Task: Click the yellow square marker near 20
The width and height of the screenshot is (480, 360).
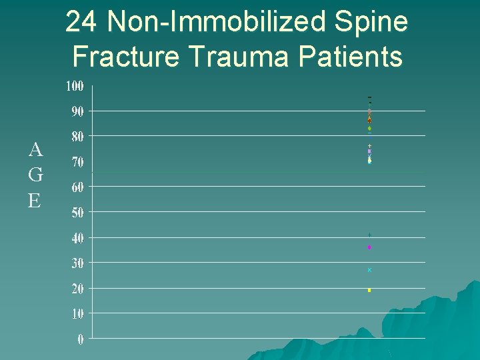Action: click(369, 290)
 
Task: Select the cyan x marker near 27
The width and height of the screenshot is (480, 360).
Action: click(369, 270)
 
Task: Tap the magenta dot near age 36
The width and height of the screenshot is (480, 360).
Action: click(369, 247)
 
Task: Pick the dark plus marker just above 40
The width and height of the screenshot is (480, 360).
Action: click(369, 235)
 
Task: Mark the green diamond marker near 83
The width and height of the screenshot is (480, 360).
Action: click(369, 128)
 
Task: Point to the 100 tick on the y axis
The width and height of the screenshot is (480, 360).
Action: click(75, 86)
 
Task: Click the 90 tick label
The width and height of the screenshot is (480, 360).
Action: click(77, 111)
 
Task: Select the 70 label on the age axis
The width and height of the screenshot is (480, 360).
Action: click(77, 162)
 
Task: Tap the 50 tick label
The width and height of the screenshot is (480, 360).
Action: click(77, 213)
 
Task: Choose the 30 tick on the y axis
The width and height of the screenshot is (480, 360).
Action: click(77, 263)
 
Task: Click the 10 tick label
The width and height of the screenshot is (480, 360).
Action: click(77, 313)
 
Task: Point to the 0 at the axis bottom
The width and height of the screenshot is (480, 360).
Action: click(81, 339)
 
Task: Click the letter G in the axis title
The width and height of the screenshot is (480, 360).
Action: click(36, 175)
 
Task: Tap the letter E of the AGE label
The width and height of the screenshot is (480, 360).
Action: click(35, 200)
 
